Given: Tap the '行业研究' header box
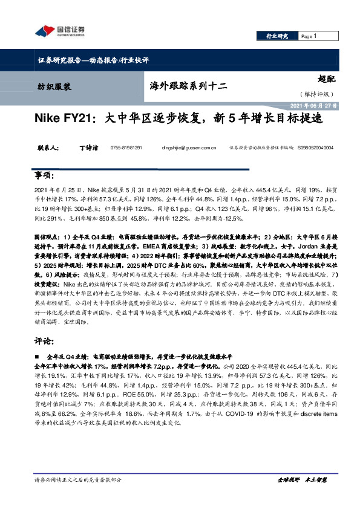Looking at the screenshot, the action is click(278, 36).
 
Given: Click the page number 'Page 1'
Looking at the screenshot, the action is click(309, 36).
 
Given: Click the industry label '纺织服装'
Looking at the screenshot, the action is click(51, 86).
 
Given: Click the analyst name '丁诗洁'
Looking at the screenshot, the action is click(87, 148).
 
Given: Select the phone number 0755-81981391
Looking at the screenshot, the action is click(126, 148).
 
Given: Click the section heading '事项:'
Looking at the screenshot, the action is click(46, 176).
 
